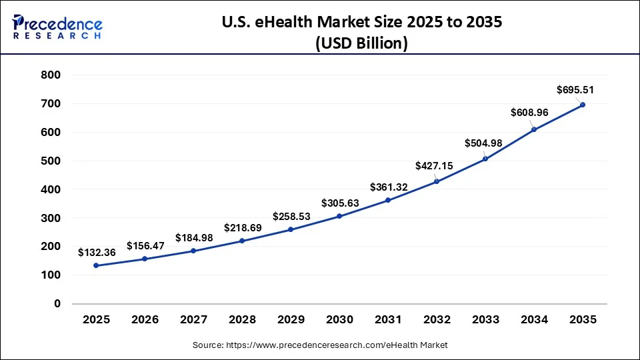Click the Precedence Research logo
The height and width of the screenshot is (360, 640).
(x=57, y=27)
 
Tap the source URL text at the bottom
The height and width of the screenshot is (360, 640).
(x=320, y=345)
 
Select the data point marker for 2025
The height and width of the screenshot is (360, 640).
(x=96, y=265)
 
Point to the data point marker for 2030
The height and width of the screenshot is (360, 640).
(x=339, y=216)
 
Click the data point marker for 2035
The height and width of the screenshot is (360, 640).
(x=582, y=105)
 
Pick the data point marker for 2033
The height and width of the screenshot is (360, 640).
(x=485, y=159)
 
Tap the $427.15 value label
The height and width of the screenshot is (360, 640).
(x=433, y=165)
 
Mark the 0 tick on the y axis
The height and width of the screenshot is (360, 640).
(x=57, y=303)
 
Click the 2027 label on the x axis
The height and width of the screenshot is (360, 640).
(x=193, y=320)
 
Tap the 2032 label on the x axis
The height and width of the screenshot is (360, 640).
(x=436, y=320)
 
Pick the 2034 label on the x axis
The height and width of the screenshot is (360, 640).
(x=533, y=320)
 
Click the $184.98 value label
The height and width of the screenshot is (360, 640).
(x=193, y=238)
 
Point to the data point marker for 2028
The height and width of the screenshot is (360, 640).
(x=242, y=241)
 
